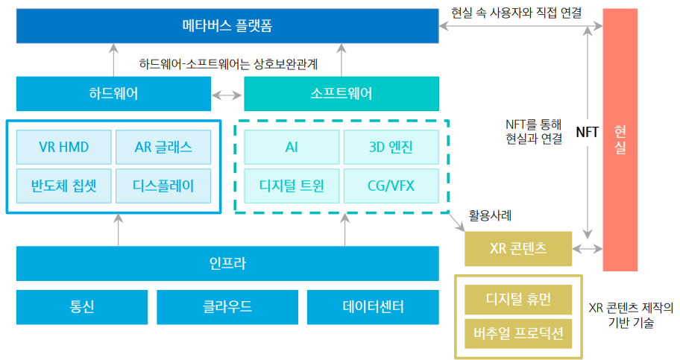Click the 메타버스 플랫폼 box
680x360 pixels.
(x=227, y=26)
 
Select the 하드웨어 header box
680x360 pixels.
(x=113, y=94)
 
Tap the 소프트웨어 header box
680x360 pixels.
(x=341, y=94)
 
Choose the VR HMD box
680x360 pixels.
(x=63, y=147)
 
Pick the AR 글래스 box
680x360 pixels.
(x=163, y=147)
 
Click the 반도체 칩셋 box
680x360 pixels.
(x=63, y=185)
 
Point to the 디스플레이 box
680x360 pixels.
(x=163, y=185)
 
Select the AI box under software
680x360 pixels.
(x=292, y=147)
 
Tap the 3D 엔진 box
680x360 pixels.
(x=391, y=147)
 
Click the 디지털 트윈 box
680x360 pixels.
(x=292, y=185)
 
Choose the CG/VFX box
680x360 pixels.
(x=391, y=185)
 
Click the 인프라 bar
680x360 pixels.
(x=227, y=263)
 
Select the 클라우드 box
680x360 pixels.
(x=227, y=307)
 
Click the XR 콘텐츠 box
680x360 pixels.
(x=518, y=249)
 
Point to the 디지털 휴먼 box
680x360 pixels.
(x=518, y=299)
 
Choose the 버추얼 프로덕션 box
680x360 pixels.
(x=518, y=333)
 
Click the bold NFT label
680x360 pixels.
(x=587, y=132)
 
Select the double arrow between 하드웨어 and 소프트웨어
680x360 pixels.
(x=227, y=95)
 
